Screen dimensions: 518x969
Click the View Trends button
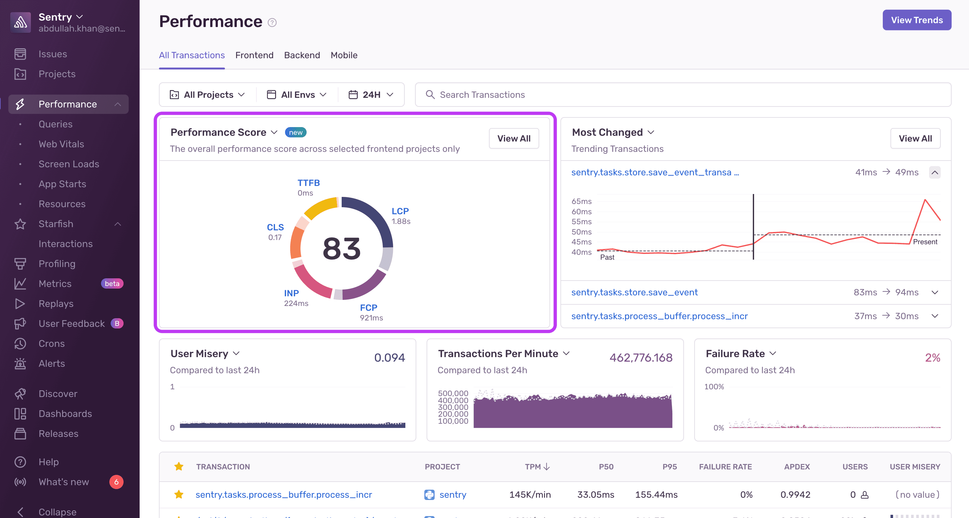pos(916,20)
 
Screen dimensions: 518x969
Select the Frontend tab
pos(254,55)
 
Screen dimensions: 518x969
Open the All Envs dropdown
pos(297,95)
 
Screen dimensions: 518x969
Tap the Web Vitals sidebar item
pos(61,144)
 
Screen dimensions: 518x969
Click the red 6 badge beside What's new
pos(116,482)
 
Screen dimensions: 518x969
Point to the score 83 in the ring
pos(342,249)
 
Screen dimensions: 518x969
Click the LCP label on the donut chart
pos(400,211)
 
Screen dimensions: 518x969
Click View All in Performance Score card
pos(513,138)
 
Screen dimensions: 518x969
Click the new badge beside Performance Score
pos(296,133)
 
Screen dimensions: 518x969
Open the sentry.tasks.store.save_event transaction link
pos(634,292)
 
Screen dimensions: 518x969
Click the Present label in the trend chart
pos(925,242)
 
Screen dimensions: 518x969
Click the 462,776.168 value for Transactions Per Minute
pos(641,357)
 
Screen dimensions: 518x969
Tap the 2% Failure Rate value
pos(932,357)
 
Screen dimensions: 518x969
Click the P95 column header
pos(669,467)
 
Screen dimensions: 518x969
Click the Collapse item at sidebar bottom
pos(57,512)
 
